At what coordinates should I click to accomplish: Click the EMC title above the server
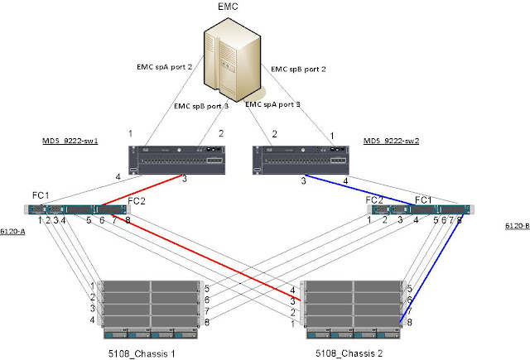pos(229,7)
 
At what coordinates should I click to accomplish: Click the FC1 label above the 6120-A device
pos(41,195)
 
